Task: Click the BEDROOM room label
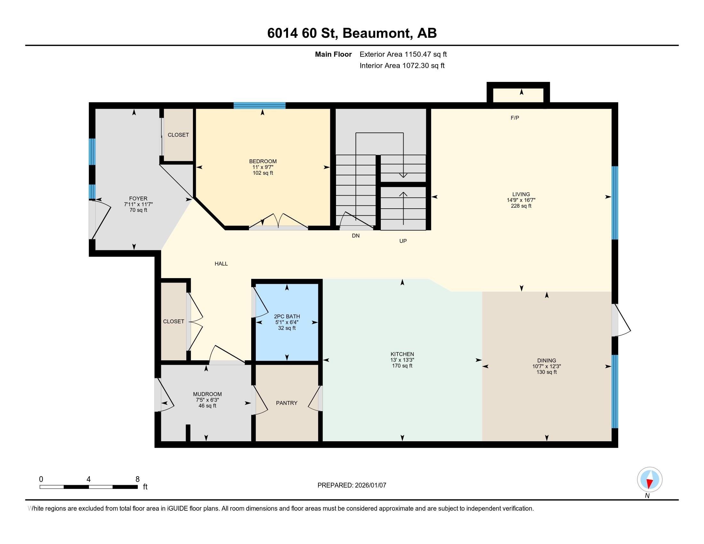point(263,161)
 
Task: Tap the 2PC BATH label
point(287,316)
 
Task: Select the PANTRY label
point(286,403)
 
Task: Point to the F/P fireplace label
point(515,118)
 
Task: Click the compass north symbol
point(650,480)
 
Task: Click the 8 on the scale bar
point(137,479)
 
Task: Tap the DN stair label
point(356,236)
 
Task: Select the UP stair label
point(403,241)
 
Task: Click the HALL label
point(221,264)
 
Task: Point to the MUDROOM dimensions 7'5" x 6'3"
point(207,400)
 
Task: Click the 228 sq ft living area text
point(521,206)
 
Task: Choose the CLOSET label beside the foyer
point(178,135)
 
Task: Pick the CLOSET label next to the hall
point(173,321)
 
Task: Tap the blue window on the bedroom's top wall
point(260,105)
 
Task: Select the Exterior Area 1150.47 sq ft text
point(403,54)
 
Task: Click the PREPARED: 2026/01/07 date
point(352,485)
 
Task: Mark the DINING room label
point(546,360)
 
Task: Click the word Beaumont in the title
point(377,33)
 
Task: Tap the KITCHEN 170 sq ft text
point(402,366)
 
